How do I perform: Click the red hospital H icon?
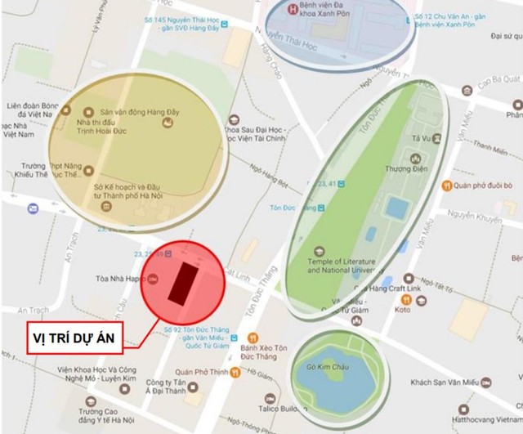coord(295,10)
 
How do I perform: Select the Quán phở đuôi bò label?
coord(489,186)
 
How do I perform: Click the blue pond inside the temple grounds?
coord(397,208)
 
